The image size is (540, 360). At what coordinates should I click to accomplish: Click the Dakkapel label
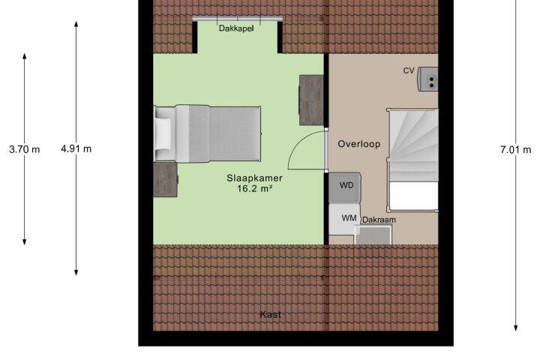tap(236, 28)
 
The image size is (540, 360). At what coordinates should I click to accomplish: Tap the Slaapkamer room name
tap(254, 178)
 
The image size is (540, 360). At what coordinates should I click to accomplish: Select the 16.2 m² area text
tap(255, 188)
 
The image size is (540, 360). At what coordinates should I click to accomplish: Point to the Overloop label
tap(358, 144)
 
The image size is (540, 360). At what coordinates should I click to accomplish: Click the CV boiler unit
tap(427, 79)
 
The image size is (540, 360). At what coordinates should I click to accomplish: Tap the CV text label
tap(409, 70)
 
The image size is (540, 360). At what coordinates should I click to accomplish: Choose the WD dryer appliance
tap(345, 187)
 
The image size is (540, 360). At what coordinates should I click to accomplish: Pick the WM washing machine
tap(344, 220)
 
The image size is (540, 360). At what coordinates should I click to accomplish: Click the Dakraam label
tap(379, 220)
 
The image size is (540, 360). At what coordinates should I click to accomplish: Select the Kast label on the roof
tap(270, 314)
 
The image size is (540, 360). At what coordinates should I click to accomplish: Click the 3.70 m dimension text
tap(25, 149)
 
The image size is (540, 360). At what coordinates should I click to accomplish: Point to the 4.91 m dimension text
tap(76, 148)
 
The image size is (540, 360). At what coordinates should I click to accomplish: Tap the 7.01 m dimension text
tap(515, 149)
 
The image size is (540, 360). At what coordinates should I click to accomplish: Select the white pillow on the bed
tap(163, 133)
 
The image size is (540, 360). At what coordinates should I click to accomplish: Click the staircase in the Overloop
tap(413, 160)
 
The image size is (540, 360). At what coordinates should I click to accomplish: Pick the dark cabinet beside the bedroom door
tap(311, 100)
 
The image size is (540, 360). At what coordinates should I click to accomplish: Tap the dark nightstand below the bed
tap(165, 180)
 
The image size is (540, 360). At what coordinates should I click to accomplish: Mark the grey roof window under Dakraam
tap(373, 235)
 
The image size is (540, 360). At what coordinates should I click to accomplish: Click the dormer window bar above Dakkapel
tap(237, 19)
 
